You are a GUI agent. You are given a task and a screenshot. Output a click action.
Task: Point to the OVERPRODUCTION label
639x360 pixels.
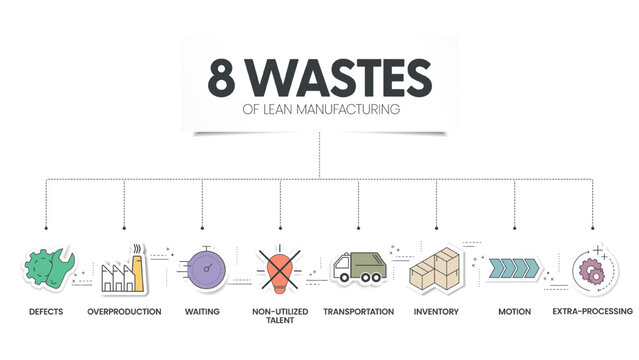coord(124,312)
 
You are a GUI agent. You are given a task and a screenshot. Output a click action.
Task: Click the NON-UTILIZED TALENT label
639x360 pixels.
coord(280,317)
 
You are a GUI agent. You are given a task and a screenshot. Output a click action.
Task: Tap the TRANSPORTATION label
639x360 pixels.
coord(358,312)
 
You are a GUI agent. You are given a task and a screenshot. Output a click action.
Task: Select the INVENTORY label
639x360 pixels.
coord(436,312)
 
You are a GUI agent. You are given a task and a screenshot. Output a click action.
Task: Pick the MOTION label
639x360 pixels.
coord(514,312)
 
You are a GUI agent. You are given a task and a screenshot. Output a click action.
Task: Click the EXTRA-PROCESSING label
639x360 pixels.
coord(592,312)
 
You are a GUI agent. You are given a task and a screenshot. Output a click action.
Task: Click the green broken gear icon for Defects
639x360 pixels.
coord(46,269)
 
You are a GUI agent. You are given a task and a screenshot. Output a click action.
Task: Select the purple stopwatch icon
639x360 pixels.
coord(202,268)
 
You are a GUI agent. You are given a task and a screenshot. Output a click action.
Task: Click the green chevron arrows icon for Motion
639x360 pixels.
coord(513,267)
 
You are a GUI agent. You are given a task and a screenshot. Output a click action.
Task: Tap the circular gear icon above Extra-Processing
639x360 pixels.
coord(592,270)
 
